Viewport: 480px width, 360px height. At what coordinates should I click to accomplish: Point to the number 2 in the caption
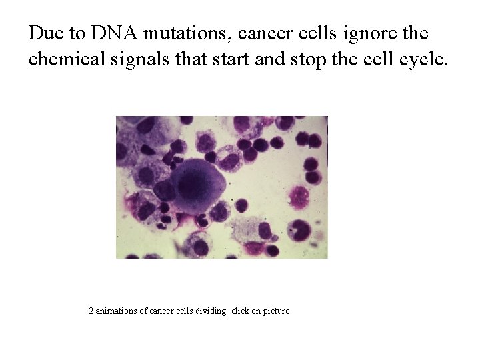pyautogui.click(x=91, y=311)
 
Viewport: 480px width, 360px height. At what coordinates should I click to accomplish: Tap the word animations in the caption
pyautogui.click(x=117, y=311)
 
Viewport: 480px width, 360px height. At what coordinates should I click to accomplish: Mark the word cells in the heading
pyautogui.click(x=319, y=33)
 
